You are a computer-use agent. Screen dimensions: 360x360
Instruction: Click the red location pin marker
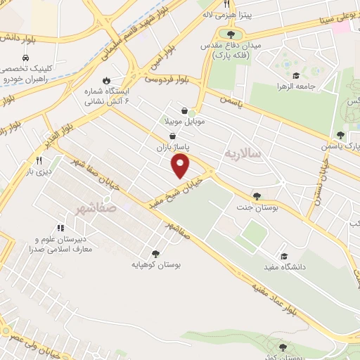[x=181, y=166]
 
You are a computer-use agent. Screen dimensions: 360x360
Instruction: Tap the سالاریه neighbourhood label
[x=243, y=152]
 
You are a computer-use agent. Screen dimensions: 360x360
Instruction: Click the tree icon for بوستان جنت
[x=256, y=196]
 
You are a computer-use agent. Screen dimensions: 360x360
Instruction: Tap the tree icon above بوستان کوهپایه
[x=155, y=254]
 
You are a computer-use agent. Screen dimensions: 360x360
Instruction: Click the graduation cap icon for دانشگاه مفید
[x=284, y=256]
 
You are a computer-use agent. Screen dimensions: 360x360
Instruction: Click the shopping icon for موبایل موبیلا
[x=185, y=110]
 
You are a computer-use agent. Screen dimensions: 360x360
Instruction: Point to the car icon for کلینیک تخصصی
[x=25, y=56]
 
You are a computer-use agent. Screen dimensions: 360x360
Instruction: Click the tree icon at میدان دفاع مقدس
[x=231, y=33]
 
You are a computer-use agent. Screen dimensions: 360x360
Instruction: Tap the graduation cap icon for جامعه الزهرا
[x=297, y=75]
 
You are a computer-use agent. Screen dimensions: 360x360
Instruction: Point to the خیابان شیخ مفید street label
[x=173, y=191]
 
